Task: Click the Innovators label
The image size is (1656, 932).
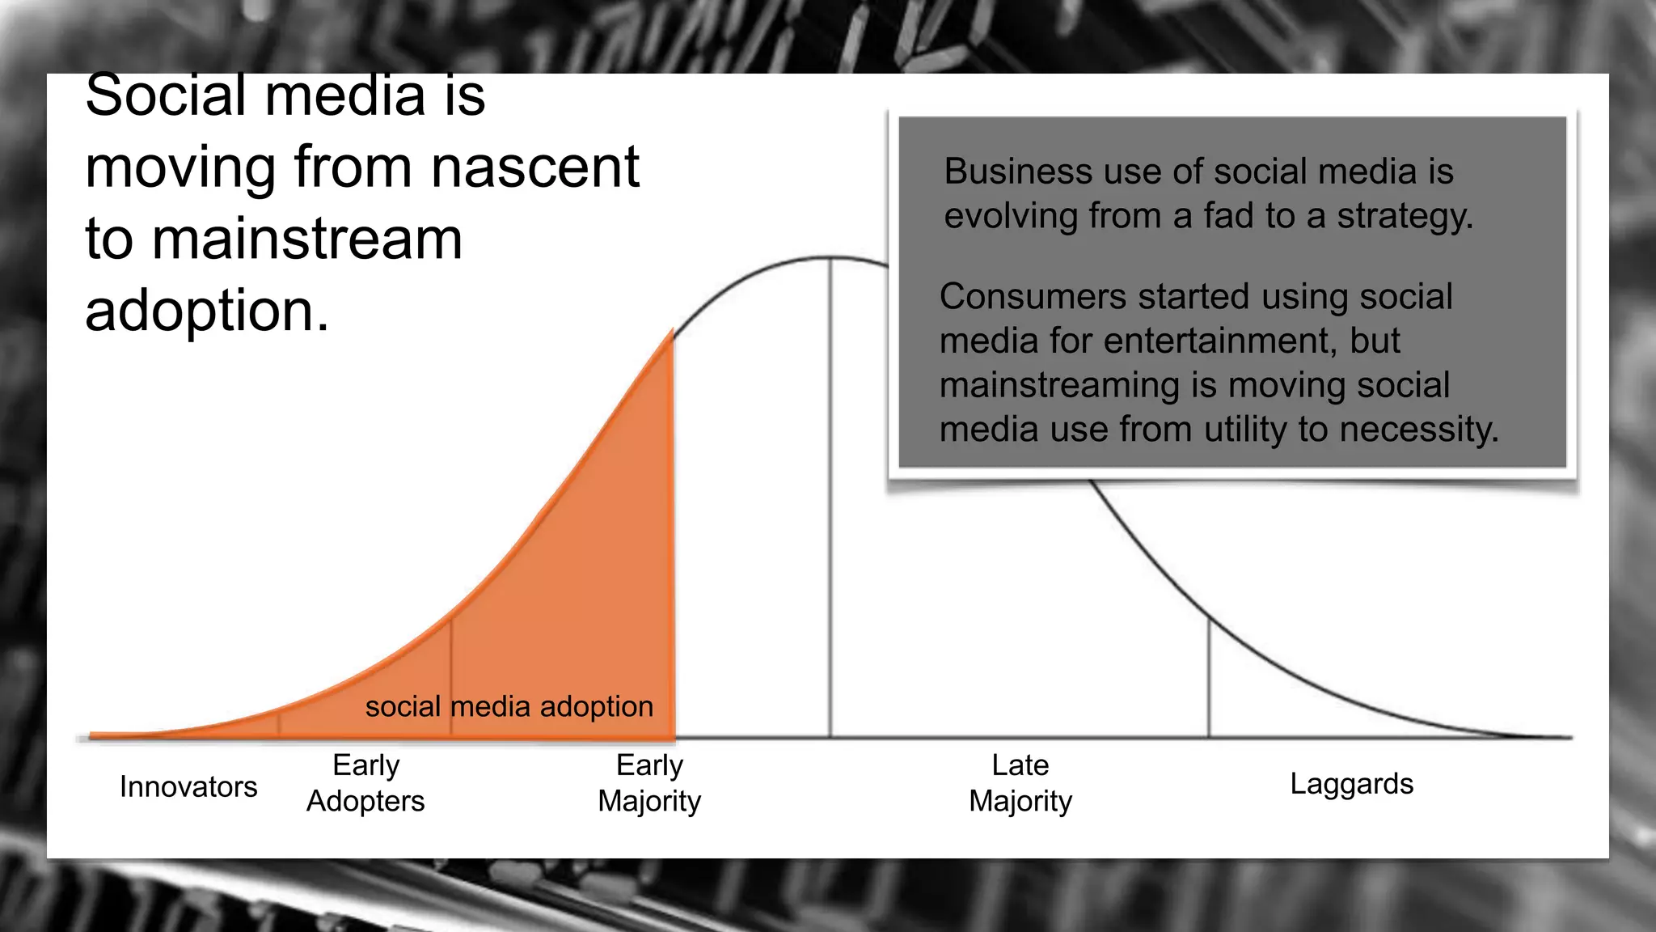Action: (x=188, y=787)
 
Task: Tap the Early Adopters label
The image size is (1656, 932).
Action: (x=365, y=783)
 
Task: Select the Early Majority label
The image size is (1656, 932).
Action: (x=649, y=783)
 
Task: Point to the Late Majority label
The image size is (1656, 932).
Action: (x=1020, y=783)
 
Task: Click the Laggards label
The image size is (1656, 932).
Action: (x=1351, y=784)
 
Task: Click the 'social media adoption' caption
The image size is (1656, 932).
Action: (x=509, y=707)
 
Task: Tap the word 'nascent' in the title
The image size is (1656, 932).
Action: (x=535, y=167)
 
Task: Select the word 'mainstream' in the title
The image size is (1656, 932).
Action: (x=307, y=239)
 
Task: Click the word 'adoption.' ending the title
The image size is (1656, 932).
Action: (x=208, y=311)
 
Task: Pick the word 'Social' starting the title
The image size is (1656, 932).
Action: (x=164, y=95)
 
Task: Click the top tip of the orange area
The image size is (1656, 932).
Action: (x=671, y=331)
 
